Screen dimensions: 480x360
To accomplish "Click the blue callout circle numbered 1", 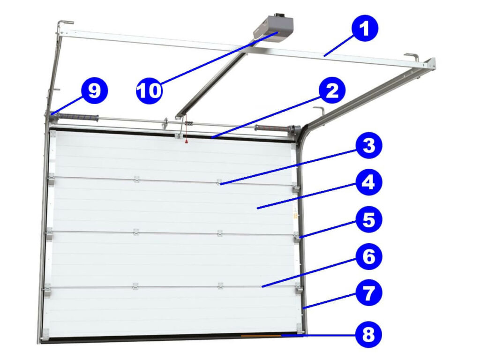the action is point(365,28).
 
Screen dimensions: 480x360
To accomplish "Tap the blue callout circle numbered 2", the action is point(332,90).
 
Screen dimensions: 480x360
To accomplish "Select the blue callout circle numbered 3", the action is point(369,145).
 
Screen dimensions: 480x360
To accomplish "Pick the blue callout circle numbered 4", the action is point(369,182).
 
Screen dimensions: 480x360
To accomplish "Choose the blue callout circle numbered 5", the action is point(369,219).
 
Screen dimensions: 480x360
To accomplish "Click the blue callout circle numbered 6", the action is point(369,256).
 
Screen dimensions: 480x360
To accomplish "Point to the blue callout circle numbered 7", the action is point(369,292).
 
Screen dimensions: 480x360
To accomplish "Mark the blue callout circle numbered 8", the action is point(369,334).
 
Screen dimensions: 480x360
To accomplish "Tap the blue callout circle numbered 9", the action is point(94,90).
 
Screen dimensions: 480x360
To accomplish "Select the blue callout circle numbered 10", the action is point(149,90).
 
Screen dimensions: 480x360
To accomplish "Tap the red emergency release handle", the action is point(186,141).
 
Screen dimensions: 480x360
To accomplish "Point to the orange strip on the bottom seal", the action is point(261,336).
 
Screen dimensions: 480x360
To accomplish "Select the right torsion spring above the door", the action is point(272,128).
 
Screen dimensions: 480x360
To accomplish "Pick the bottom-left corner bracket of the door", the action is point(45,334).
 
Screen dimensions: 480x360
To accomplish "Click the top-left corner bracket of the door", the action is point(52,134).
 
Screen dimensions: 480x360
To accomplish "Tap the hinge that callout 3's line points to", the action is point(219,182).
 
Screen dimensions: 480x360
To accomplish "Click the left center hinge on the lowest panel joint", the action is point(135,286).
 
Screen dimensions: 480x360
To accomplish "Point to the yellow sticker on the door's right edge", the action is point(296,216).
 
